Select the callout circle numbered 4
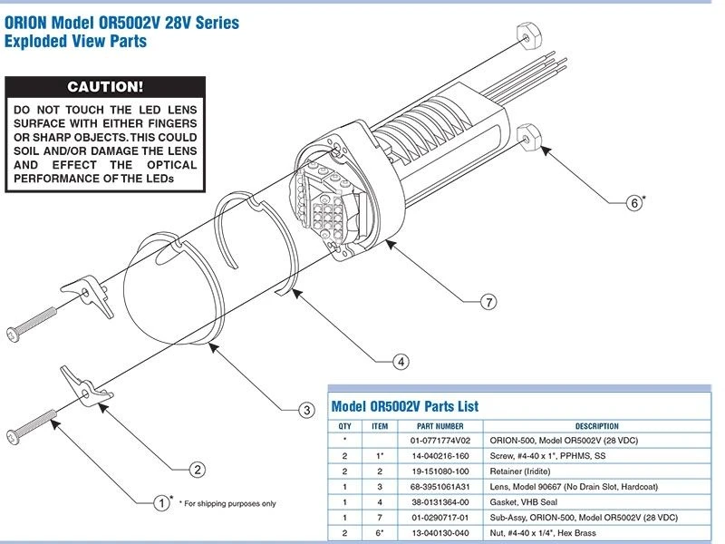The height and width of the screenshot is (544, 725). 401,361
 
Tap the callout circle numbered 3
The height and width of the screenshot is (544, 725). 307,411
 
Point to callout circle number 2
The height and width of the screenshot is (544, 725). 197,470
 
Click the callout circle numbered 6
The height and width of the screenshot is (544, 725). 634,203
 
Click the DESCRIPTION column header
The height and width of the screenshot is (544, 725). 596,426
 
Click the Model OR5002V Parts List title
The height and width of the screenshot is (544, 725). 405,406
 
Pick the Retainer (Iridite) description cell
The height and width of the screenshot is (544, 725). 518,471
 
